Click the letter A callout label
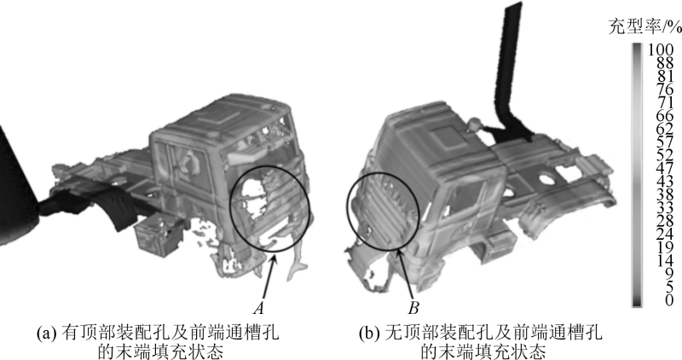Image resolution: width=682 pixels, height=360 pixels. click(259, 308)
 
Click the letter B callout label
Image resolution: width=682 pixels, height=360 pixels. click(413, 308)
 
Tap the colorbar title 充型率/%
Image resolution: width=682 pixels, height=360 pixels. click(645, 27)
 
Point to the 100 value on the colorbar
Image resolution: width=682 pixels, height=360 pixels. click(661, 49)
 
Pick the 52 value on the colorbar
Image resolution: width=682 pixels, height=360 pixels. click(665, 155)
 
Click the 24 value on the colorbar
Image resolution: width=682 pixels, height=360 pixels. click(665, 235)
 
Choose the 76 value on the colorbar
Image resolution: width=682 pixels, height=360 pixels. click(665, 90)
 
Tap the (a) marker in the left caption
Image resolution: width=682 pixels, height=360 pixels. click(47, 334)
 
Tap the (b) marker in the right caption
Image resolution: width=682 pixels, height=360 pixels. click(369, 334)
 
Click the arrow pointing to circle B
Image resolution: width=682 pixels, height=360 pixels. click(405, 273)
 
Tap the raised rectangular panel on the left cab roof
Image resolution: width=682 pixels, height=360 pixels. click(218, 117)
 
